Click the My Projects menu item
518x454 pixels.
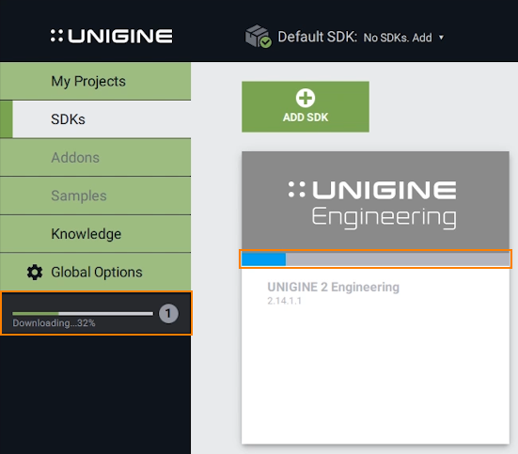(x=95, y=81)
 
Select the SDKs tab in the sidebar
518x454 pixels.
(x=95, y=119)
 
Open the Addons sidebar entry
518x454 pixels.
(x=95, y=157)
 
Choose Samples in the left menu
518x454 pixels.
(x=95, y=196)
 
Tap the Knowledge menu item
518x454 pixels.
(x=95, y=234)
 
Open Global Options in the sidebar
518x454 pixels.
(x=95, y=272)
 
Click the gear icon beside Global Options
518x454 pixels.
(x=35, y=273)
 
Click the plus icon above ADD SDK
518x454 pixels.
(x=306, y=98)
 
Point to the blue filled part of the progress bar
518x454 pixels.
(x=263, y=259)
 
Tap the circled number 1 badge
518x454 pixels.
(x=168, y=313)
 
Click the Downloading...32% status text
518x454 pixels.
(x=54, y=322)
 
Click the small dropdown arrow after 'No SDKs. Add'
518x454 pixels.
(x=441, y=38)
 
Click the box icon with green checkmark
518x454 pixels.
(x=258, y=36)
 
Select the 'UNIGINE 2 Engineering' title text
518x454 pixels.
(x=334, y=287)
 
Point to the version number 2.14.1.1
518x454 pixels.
(x=285, y=301)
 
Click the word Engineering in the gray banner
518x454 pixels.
(x=385, y=218)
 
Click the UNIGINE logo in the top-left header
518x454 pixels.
(x=111, y=36)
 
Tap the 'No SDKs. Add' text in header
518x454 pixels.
(x=398, y=38)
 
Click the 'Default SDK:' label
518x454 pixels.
(x=317, y=37)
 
